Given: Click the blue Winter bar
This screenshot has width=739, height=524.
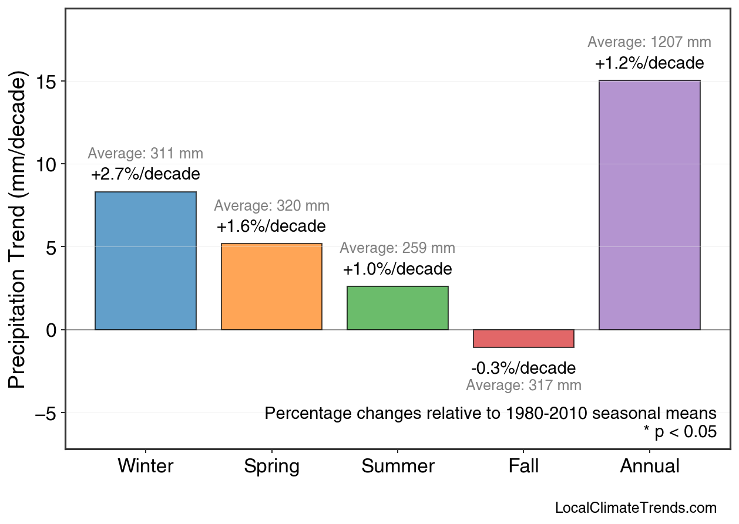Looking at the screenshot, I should point(145,261).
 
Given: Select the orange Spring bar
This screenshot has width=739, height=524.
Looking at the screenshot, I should point(271,286).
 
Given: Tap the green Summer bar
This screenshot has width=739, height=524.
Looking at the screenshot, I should point(398,308).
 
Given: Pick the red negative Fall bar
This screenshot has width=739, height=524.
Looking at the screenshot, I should point(523,339).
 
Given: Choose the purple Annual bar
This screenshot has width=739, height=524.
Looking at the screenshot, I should point(649,205).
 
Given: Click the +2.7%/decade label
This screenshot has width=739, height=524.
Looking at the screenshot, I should point(145,174).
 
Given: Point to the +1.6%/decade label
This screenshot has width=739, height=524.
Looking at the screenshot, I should point(271,226).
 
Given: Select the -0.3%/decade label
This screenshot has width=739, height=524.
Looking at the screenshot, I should point(523,369).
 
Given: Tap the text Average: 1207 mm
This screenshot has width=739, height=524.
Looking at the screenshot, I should point(649,42).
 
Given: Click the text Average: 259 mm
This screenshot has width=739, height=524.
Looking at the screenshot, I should point(397,248).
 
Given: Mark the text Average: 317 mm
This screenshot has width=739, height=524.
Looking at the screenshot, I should point(523,386).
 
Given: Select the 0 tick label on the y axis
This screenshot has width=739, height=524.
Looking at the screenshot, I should point(52,330).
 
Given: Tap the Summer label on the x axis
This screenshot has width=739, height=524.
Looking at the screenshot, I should point(398,466).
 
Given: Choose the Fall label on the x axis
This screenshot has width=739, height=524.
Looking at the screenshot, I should point(523,466).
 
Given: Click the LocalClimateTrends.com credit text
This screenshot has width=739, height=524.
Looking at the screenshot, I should point(636,508).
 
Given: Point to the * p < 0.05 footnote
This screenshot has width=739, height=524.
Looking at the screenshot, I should point(680,432).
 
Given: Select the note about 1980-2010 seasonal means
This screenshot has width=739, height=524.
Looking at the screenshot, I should point(491,413).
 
